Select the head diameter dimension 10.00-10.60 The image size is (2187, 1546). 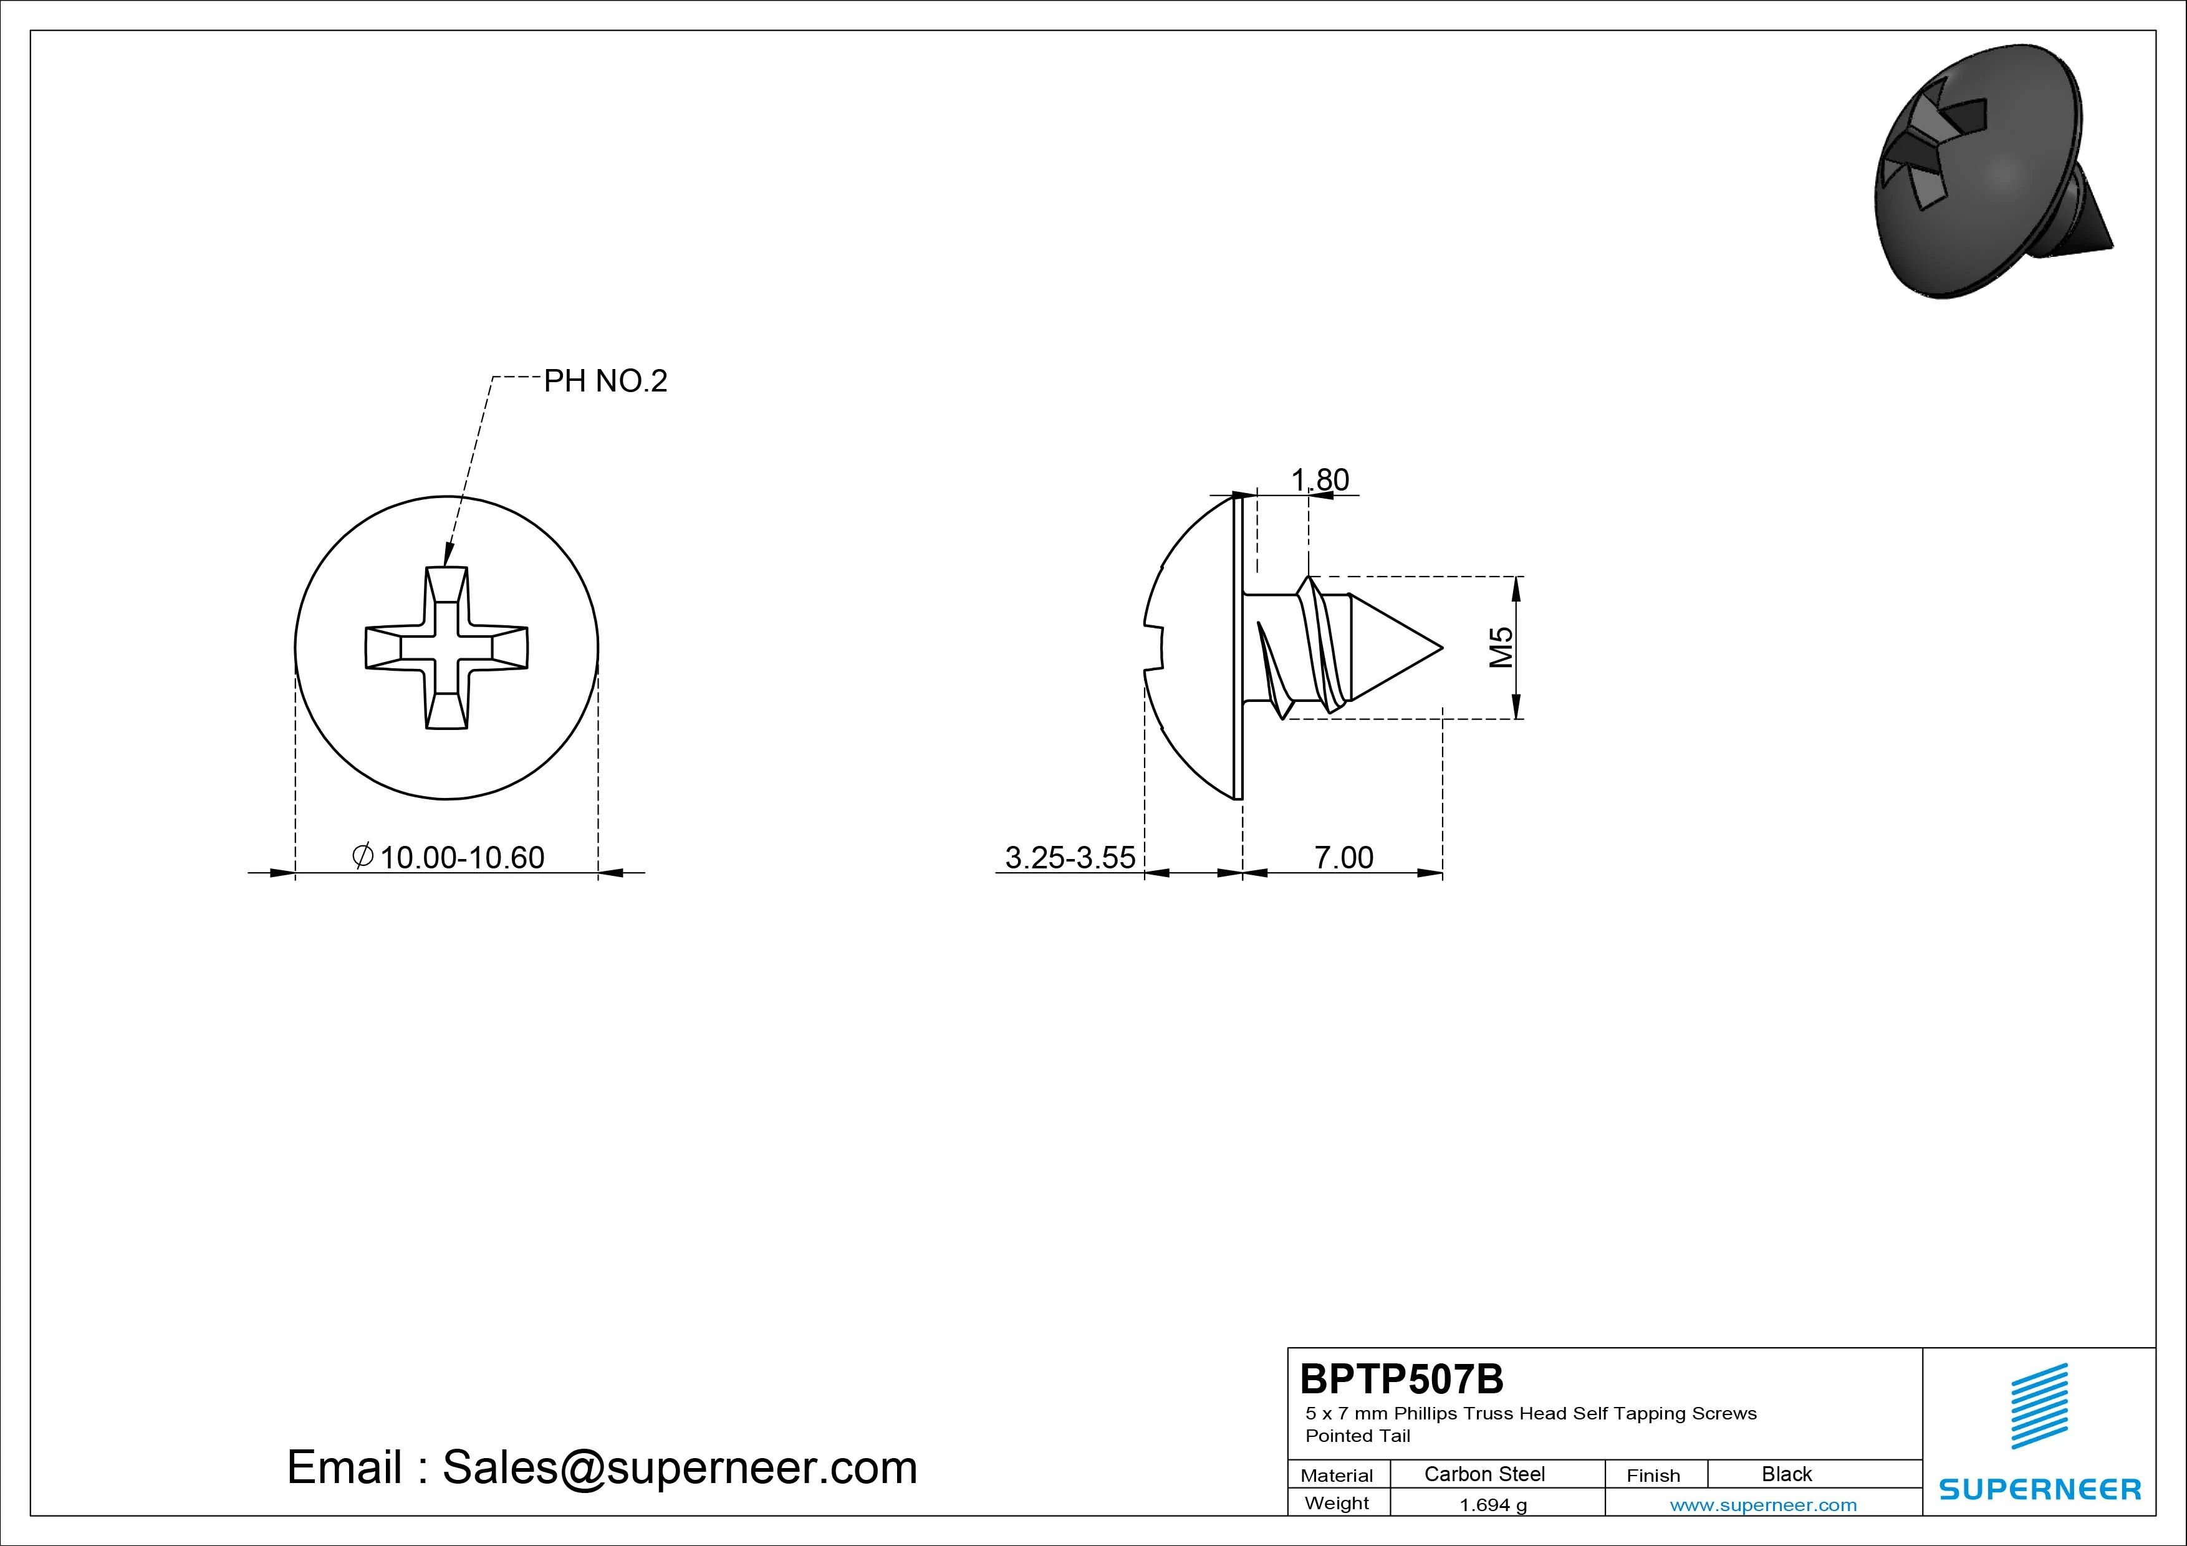pos(462,857)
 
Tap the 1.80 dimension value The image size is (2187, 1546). pos(1320,479)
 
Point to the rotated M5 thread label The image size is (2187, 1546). pos(1501,647)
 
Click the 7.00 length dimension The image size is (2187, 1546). pos(1344,857)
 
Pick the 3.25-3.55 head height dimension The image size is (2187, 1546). pos(1070,857)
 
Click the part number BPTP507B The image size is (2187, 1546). pos(1402,1378)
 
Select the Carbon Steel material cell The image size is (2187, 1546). pos(1484,1474)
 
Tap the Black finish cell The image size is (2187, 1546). pos(1787,1474)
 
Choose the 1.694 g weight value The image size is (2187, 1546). pos(1492,1505)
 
